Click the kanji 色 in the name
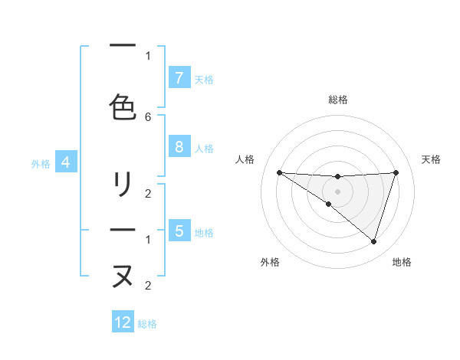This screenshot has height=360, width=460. pyautogui.click(x=123, y=106)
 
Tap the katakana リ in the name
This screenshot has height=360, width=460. pyautogui.click(x=123, y=185)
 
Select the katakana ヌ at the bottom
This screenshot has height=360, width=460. pyautogui.click(x=123, y=276)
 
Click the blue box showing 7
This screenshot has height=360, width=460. pyautogui.click(x=179, y=78)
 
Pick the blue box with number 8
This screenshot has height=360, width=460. pyautogui.click(x=179, y=148)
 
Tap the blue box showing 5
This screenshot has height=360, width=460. pyautogui.click(x=179, y=231)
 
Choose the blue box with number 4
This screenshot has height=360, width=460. pyautogui.click(x=66, y=162)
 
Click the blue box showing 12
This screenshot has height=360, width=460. pyautogui.click(x=123, y=322)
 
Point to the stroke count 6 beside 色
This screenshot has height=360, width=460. pyautogui.click(x=148, y=116)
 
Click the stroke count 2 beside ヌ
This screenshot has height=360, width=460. pyautogui.click(x=148, y=286)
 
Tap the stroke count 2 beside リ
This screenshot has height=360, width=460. pyautogui.click(x=148, y=193)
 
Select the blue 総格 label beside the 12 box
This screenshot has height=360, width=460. pyautogui.click(x=147, y=324)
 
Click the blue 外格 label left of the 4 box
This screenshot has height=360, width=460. pyautogui.click(x=41, y=163)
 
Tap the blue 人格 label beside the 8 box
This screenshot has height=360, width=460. pyautogui.click(x=204, y=149)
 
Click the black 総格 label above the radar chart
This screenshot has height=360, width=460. pyautogui.click(x=338, y=100)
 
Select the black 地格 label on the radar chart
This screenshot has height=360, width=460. pyautogui.click(x=402, y=262)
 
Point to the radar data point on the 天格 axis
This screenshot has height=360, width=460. pyautogui.click(x=396, y=172)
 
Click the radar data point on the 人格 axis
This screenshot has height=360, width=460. pyautogui.click(x=279, y=172)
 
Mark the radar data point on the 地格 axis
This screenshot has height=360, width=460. pyautogui.click(x=374, y=242)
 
